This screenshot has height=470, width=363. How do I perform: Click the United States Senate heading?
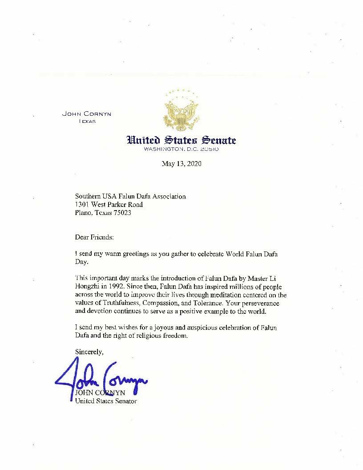tap(181, 140)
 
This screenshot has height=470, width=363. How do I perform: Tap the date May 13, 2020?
tap(181, 164)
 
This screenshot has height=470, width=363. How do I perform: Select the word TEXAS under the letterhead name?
tap(87, 121)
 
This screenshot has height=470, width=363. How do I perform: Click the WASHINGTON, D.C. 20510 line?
tap(181, 149)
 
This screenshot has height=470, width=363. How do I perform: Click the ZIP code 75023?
tap(121, 213)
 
